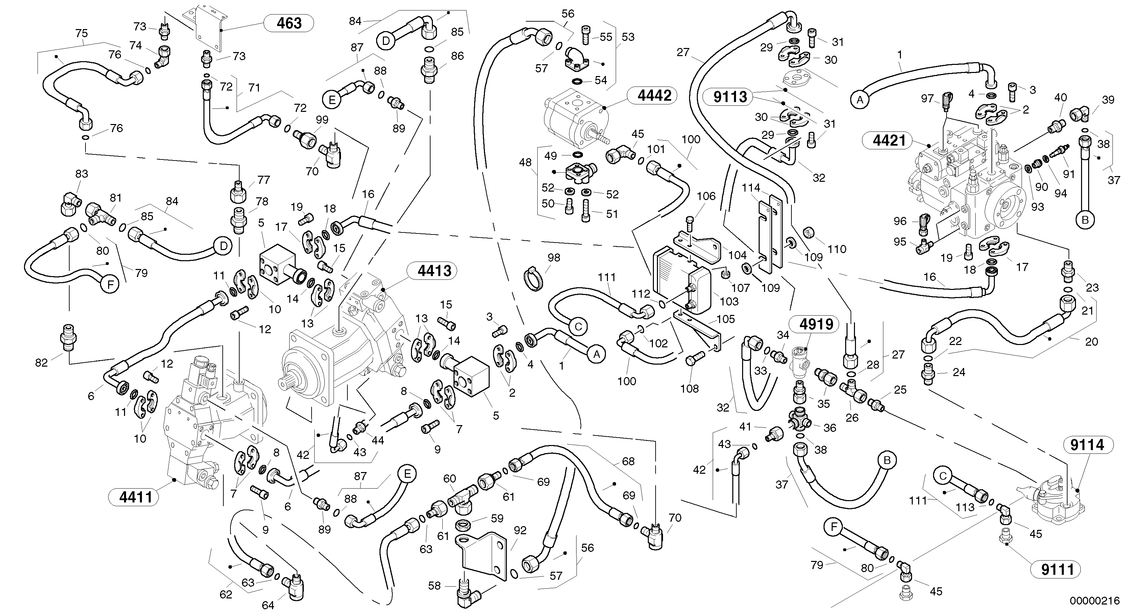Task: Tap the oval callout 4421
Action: tap(888, 141)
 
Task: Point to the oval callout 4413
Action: tap(434, 271)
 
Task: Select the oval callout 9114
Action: tap(1087, 445)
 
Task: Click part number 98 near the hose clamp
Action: tap(554, 258)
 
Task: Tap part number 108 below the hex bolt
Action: tap(689, 389)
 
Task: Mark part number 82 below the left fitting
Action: tap(41, 363)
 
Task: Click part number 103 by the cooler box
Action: tap(729, 301)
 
